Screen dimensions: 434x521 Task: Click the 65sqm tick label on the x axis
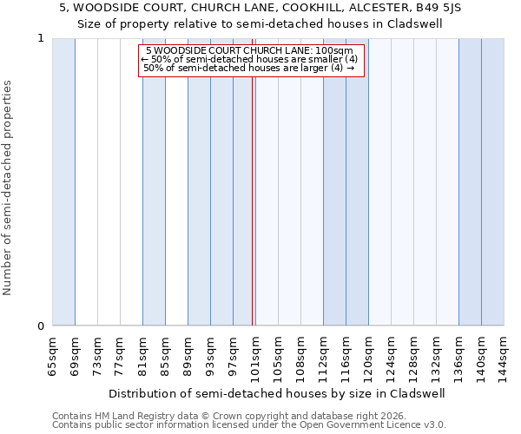(x=53, y=356)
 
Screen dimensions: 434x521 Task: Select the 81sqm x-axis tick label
(x=143, y=356)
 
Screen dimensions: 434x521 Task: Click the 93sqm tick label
(x=211, y=356)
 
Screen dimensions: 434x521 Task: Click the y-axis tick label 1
(x=41, y=38)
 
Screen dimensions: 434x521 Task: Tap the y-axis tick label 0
(x=41, y=326)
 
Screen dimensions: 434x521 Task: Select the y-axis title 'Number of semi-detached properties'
(x=9, y=188)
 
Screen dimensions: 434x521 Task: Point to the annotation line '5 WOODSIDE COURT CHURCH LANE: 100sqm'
(x=250, y=51)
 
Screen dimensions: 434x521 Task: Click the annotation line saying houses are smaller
(x=249, y=59)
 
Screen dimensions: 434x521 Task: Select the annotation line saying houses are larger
(x=249, y=68)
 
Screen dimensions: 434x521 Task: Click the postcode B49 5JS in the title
(x=442, y=8)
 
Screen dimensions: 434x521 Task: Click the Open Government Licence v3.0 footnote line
(x=249, y=425)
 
